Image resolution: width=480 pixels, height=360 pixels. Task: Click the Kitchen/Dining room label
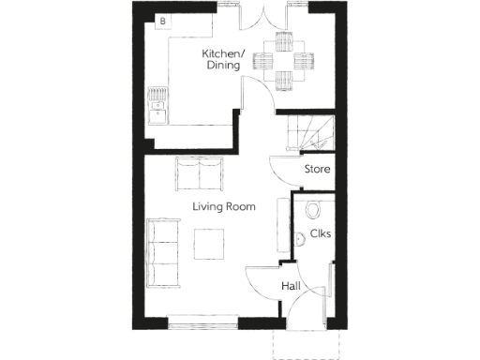[222, 59]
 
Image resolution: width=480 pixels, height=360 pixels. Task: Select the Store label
[316, 169]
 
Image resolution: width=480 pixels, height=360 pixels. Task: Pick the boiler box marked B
[162, 20]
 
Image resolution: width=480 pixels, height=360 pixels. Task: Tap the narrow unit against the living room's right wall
[280, 225]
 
